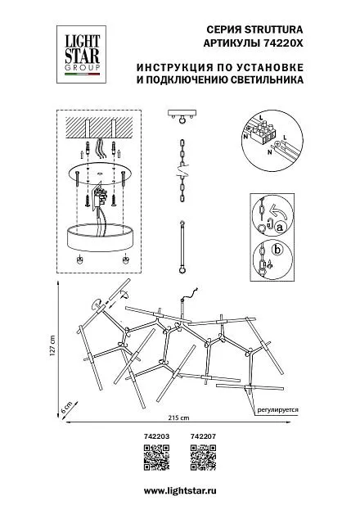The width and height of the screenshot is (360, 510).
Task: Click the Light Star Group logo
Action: [81, 54]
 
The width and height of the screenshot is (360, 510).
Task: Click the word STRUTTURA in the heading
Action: [273, 30]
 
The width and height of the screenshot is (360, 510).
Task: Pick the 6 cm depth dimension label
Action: [66, 407]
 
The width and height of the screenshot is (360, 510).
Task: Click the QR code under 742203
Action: [157, 458]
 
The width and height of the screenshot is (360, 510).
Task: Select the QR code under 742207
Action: [203, 458]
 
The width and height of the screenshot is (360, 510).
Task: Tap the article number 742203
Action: [156, 436]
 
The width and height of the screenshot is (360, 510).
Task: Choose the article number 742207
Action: [203, 436]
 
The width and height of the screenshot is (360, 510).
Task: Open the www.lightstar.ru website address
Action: [180, 490]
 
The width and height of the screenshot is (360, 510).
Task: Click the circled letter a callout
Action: [279, 228]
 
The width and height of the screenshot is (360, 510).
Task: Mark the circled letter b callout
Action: [277, 250]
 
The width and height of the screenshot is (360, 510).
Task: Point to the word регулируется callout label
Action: [277, 410]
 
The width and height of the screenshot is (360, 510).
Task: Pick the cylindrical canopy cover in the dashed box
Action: [101, 237]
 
